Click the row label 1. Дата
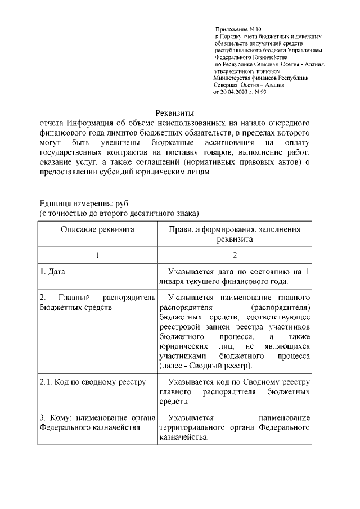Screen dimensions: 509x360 (x=52, y=272)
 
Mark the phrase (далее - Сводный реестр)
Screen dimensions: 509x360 (x=204, y=366)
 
